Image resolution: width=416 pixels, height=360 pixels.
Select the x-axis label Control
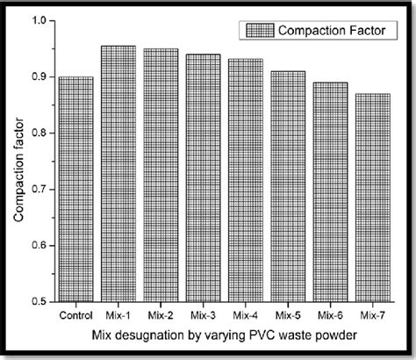tap(75, 313)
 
